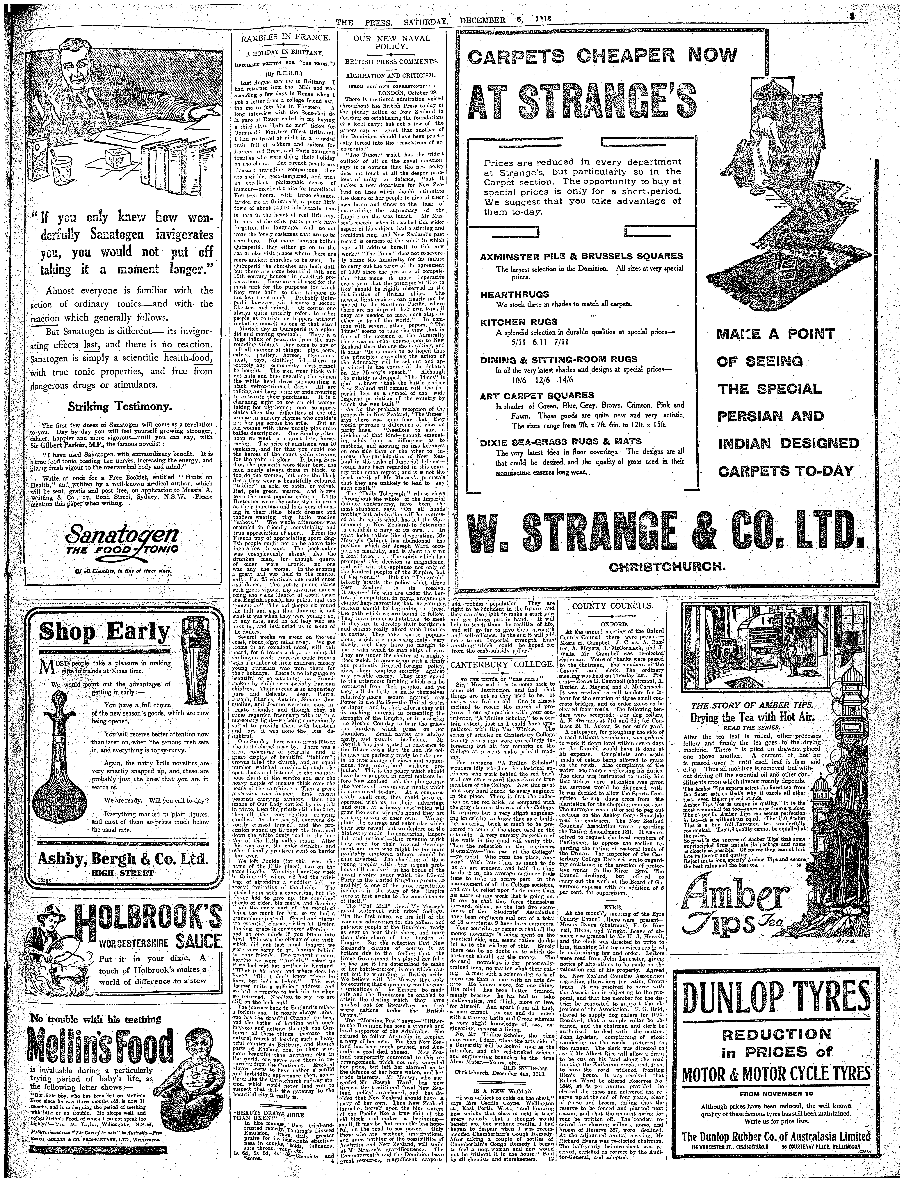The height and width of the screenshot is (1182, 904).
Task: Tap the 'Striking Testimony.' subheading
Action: (x=119, y=405)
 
